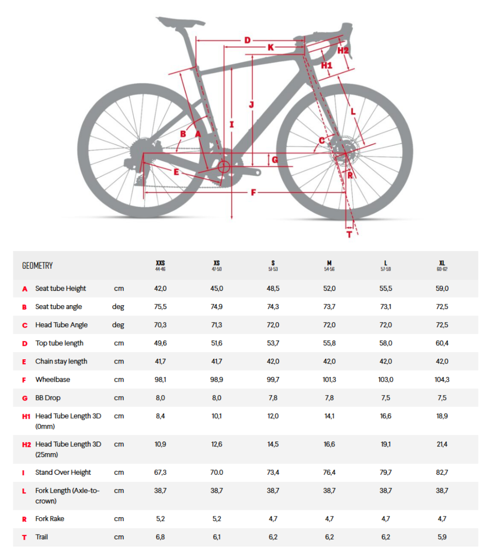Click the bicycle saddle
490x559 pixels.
(180, 22)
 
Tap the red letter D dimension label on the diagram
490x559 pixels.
(247, 40)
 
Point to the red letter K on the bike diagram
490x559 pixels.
(271, 47)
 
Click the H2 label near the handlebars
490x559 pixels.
(342, 50)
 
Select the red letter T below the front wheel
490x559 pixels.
(349, 234)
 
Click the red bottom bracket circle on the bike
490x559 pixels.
(224, 167)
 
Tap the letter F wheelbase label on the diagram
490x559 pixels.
(254, 193)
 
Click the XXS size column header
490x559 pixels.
(160, 265)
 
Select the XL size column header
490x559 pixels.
(442, 265)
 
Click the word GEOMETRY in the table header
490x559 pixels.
(37, 266)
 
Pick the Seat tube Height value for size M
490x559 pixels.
(330, 288)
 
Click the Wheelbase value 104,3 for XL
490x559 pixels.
(442, 379)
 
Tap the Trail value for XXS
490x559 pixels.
(160, 537)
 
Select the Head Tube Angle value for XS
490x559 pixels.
(217, 325)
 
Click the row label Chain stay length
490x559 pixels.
(61, 361)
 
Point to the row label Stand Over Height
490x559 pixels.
(63, 472)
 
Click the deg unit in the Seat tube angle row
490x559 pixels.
(118, 307)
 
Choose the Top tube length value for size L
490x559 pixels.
(386, 343)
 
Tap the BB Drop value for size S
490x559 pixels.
(273, 398)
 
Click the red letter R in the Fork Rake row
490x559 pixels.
(24, 519)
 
